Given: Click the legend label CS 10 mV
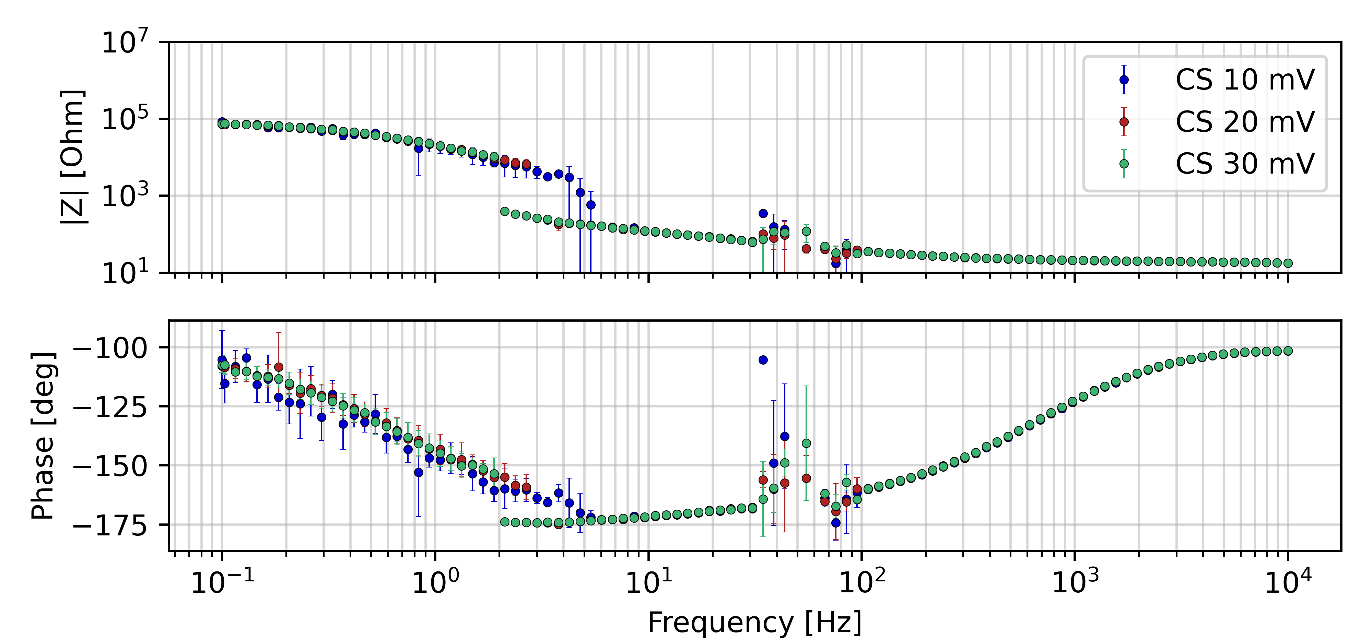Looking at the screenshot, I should click(1245, 80).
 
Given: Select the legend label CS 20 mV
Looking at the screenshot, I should click(1245, 122).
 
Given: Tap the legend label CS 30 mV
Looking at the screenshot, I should click(1245, 164).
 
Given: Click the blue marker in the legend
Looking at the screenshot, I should click(1124, 80).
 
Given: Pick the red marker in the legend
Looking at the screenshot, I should click(1124, 122).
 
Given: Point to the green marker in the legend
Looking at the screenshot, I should click(1124, 164).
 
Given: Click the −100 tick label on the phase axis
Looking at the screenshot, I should click(110, 348).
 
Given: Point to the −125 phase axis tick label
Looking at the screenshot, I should click(110, 407).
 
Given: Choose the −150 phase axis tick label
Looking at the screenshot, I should click(110, 466).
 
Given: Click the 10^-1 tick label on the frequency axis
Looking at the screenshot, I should click(222, 581).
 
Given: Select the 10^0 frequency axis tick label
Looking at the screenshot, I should click(435, 581).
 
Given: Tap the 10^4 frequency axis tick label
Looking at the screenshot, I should click(1288, 581).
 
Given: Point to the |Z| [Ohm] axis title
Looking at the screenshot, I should click(73, 157).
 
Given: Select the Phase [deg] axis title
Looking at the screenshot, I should click(43, 436).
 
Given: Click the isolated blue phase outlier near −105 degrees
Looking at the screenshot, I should click(763, 360).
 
